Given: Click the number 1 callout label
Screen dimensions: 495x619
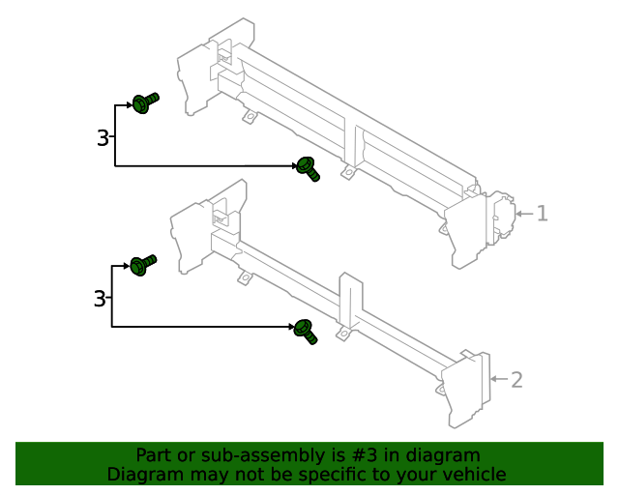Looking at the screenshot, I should point(543,214).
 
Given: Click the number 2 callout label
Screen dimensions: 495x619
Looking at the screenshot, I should point(516,380).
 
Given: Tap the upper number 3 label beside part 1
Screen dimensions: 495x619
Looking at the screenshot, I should point(103,138).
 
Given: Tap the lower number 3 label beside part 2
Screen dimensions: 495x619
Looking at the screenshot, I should point(100,300).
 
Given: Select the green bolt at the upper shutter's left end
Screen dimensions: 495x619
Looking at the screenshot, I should point(144,102).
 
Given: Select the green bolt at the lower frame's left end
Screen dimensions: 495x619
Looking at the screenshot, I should point(142,264).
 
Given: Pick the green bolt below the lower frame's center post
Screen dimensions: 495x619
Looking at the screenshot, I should point(306,331).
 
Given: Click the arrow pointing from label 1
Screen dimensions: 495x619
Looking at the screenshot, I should point(522,214).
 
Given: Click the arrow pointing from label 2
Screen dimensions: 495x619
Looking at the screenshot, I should point(497,379).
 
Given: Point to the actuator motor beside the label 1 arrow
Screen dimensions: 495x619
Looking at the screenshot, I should point(501,215).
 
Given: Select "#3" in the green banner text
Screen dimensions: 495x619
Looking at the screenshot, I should point(376,455).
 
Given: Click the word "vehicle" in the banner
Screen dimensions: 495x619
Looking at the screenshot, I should point(472,475).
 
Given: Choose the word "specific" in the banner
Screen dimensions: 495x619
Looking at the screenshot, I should point(349,475).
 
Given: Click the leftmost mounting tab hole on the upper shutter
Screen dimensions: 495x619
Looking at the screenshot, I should point(250,118).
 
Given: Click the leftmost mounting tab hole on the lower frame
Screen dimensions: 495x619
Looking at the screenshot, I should point(245,279).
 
